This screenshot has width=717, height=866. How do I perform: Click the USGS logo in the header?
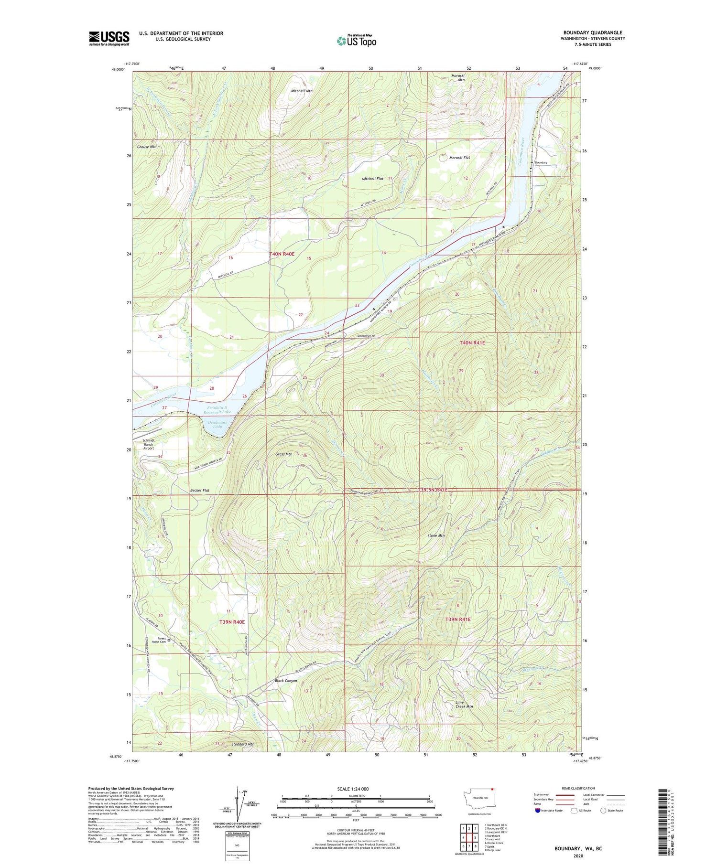coord(109,38)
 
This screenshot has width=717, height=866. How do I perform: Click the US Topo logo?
coord(357,41)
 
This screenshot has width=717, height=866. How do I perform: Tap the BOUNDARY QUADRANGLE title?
coord(593,32)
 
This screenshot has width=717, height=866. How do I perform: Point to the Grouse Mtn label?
coord(147,147)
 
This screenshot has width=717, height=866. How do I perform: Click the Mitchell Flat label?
coord(372,179)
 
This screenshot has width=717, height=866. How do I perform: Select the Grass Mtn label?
coord(283,454)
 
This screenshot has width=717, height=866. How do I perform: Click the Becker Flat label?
coord(199,491)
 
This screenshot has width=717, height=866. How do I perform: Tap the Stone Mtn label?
coord(436,535)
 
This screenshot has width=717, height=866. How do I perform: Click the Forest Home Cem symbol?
coord(169,640)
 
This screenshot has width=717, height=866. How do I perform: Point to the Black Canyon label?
coord(286,681)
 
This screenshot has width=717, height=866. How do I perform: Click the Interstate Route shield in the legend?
coord(537,811)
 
